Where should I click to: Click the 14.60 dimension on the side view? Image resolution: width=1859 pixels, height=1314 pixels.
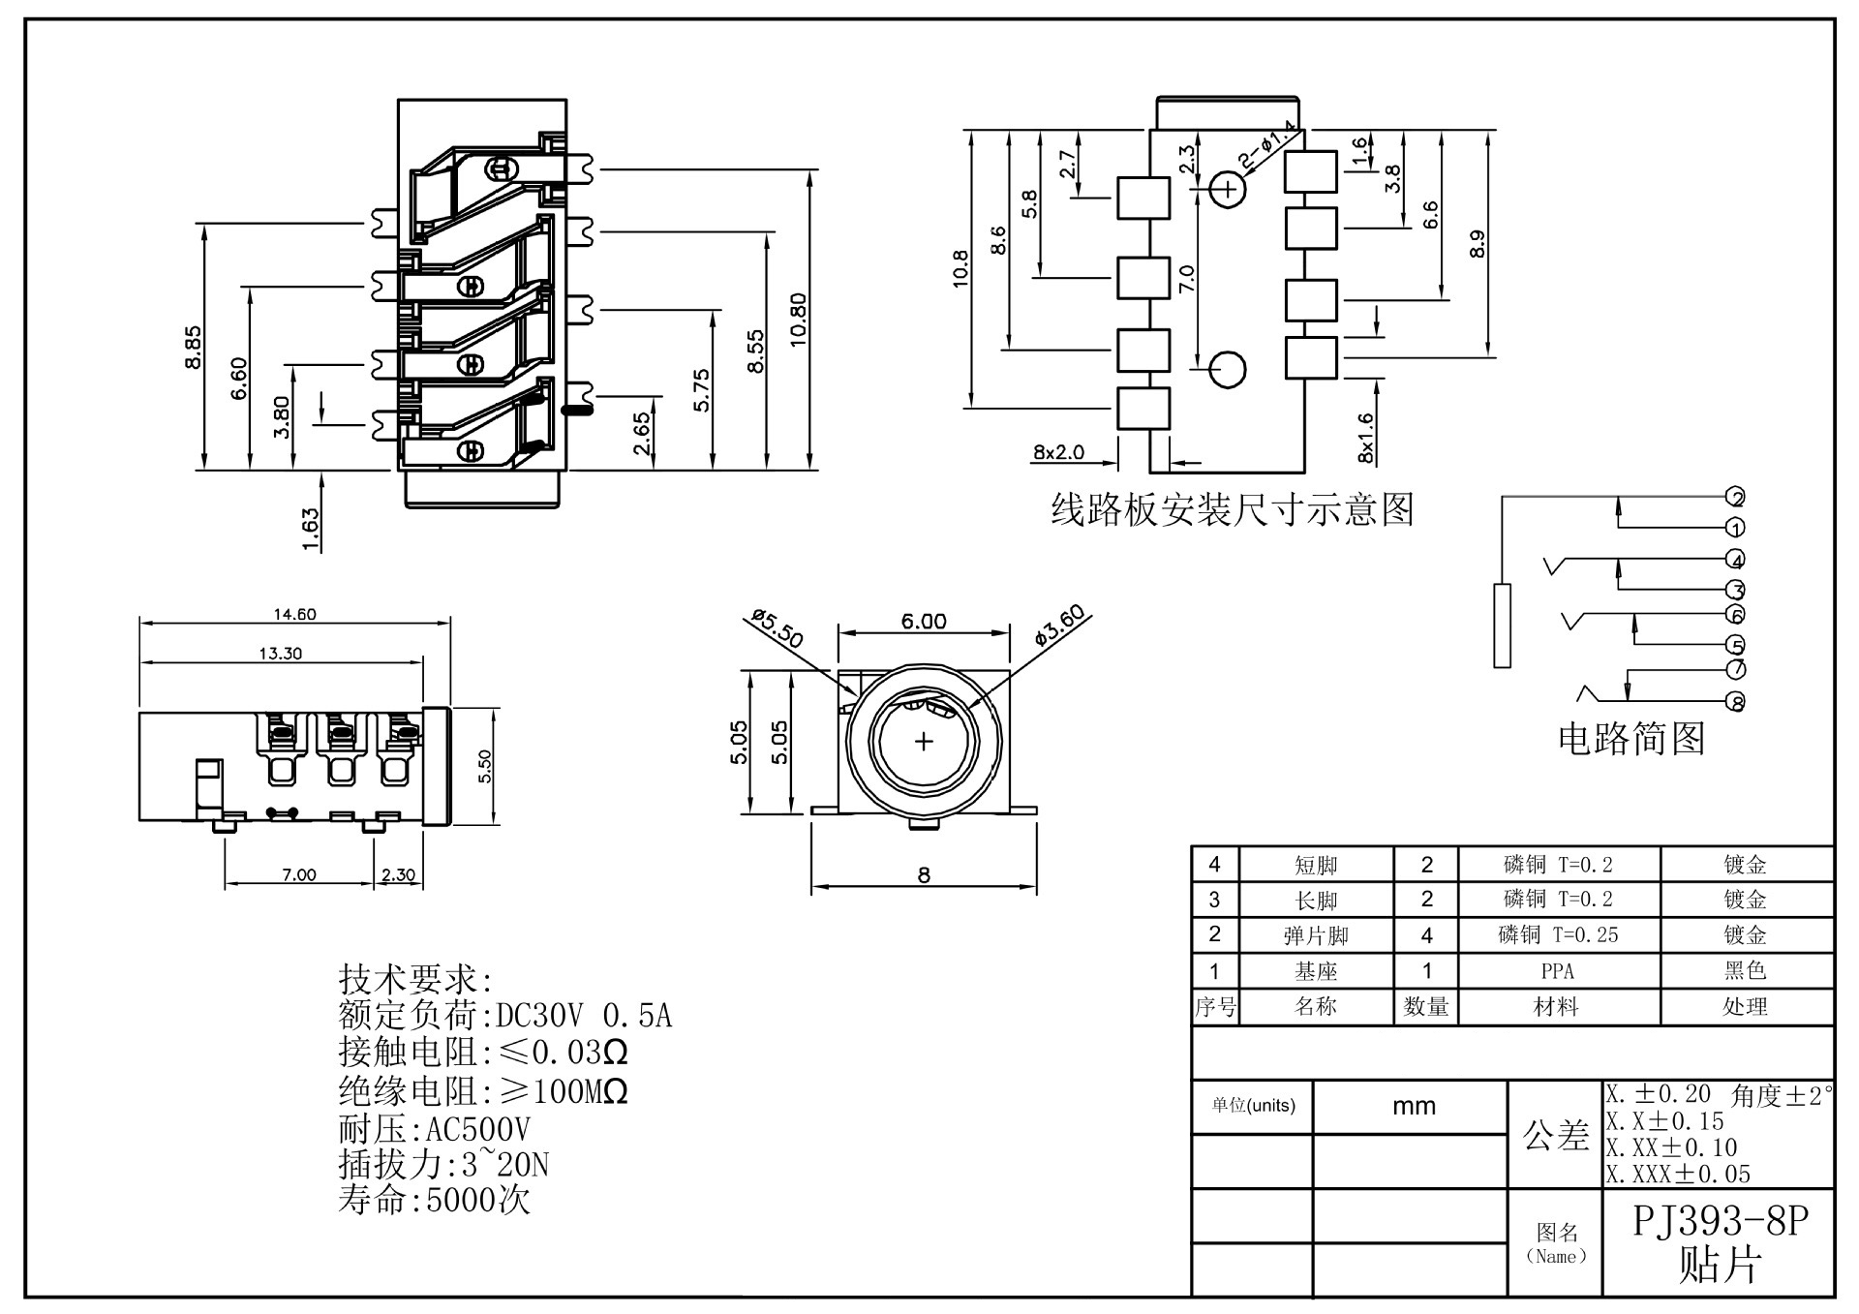tap(294, 614)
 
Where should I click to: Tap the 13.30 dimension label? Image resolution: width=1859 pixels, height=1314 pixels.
tap(280, 654)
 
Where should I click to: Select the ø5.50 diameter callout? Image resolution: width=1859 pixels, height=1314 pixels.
tap(777, 629)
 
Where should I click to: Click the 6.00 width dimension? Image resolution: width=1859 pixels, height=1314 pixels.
tap(924, 622)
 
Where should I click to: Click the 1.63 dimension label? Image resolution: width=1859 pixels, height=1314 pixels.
tap(311, 530)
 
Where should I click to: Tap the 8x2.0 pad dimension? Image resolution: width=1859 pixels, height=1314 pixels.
tap(1058, 452)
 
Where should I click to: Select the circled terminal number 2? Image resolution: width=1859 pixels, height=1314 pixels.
tap(1736, 498)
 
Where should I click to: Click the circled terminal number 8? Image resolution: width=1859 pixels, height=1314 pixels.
tap(1736, 703)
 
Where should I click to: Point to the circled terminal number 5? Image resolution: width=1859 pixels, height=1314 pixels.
tap(1736, 645)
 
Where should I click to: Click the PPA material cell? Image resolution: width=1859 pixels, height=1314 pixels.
tap(1557, 971)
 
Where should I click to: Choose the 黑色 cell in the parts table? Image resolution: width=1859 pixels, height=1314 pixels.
tap(1745, 971)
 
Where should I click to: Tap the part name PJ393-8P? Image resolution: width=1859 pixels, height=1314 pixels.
tap(1721, 1222)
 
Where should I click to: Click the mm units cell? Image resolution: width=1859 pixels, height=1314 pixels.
tap(1414, 1107)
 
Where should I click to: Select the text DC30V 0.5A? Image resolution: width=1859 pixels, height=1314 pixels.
tap(583, 1016)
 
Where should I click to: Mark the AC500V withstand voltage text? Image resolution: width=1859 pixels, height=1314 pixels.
tap(477, 1129)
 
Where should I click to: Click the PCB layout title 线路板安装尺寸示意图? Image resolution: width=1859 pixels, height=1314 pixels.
tap(1233, 509)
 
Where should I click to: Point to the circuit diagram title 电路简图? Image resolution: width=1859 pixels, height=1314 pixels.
tap(1631, 739)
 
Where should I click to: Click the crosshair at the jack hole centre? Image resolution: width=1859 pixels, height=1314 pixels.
tap(924, 742)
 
